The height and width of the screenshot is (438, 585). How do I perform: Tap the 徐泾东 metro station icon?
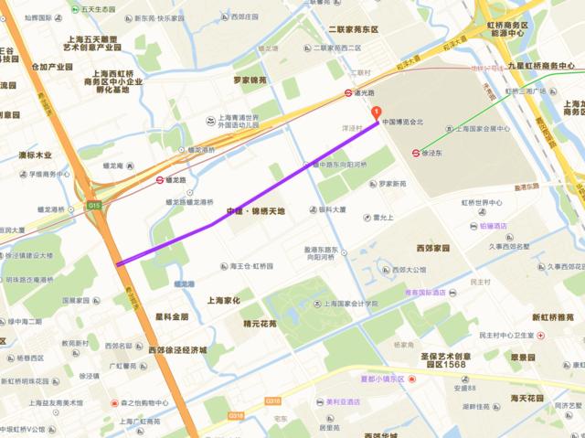(x=417, y=153)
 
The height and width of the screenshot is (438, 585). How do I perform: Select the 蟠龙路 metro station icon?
(x=159, y=180)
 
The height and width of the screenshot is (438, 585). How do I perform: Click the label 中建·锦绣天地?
(x=256, y=211)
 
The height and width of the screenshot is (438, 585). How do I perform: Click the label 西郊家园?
(x=432, y=248)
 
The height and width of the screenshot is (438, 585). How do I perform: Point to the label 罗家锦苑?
(x=249, y=80)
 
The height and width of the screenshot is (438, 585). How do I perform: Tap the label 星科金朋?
(x=171, y=316)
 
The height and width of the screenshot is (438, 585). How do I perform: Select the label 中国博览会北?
(x=403, y=122)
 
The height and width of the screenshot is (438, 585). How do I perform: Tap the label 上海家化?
(x=224, y=299)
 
